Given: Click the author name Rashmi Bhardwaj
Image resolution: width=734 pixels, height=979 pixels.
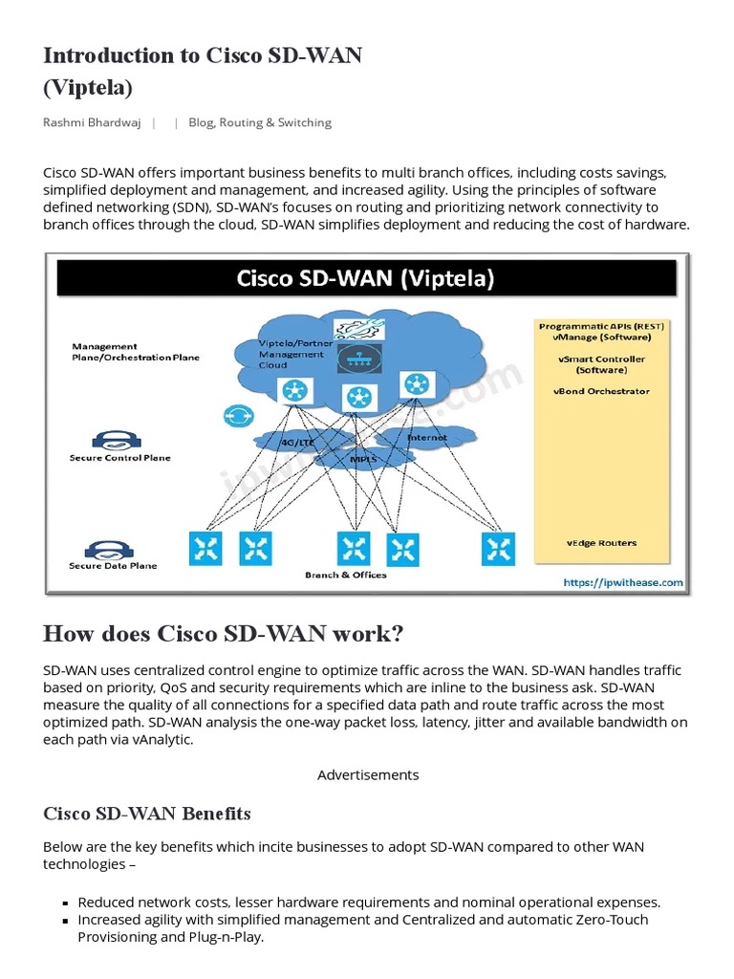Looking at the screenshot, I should pyautogui.click(x=92, y=122).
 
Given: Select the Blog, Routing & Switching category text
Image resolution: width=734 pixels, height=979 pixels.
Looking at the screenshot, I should pyautogui.click(x=260, y=122).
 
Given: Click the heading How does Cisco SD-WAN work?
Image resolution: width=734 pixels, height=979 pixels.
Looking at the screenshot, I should pyautogui.click(x=223, y=634).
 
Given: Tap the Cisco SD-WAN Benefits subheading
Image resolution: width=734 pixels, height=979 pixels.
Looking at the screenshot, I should pyautogui.click(x=147, y=814).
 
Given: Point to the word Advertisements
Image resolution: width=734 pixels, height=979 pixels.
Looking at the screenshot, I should pyautogui.click(x=368, y=774).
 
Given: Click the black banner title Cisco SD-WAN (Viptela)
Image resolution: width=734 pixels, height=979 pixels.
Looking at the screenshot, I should pyautogui.click(x=366, y=278).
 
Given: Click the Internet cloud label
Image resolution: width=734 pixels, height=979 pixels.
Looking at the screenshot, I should pyautogui.click(x=426, y=438).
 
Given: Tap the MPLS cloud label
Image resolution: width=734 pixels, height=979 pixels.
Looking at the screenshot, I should pyautogui.click(x=362, y=459).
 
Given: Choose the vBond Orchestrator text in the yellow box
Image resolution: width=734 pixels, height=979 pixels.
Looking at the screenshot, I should pyautogui.click(x=601, y=391).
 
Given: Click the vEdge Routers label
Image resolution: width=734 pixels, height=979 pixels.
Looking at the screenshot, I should pyautogui.click(x=601, y=543).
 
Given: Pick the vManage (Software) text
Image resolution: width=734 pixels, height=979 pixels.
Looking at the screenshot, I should pyautogui.click(x=601, y=337).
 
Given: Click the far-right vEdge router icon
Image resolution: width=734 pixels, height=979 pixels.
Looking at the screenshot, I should pyautogui.click(x=498, y=548).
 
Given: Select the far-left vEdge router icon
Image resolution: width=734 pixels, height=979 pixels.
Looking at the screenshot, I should pyautogui.click(x=206, y=548).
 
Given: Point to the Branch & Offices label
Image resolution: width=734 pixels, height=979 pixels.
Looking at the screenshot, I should pyautogui.click(x=346, y=575).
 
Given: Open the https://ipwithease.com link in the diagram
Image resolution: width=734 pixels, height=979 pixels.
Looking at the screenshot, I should pyautogui.click(x=622, y=582).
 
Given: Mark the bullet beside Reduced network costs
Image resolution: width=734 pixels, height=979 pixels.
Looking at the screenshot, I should pyautogui.click(x=65, y=903).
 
